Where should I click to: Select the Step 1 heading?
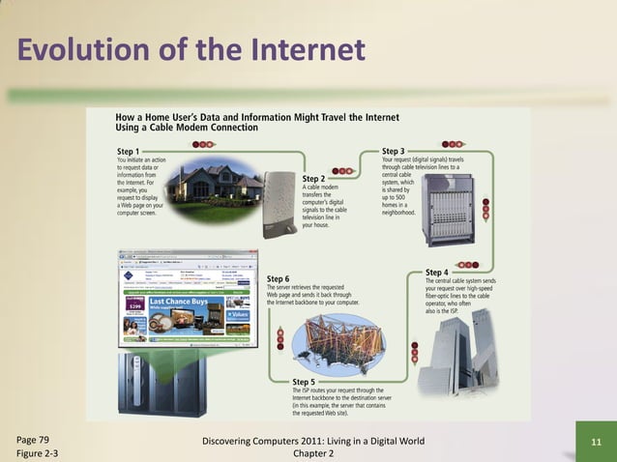click(x=128, y=152)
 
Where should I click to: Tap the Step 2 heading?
click(x=313, y=179)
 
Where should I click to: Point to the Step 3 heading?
click(x=394, y=152)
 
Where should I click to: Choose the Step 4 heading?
click(x=437, y=274)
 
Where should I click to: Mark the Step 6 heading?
click(x=278, y=279)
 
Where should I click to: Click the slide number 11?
click(x=596, y=443)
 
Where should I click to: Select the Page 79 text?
click(x=34, y=440)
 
